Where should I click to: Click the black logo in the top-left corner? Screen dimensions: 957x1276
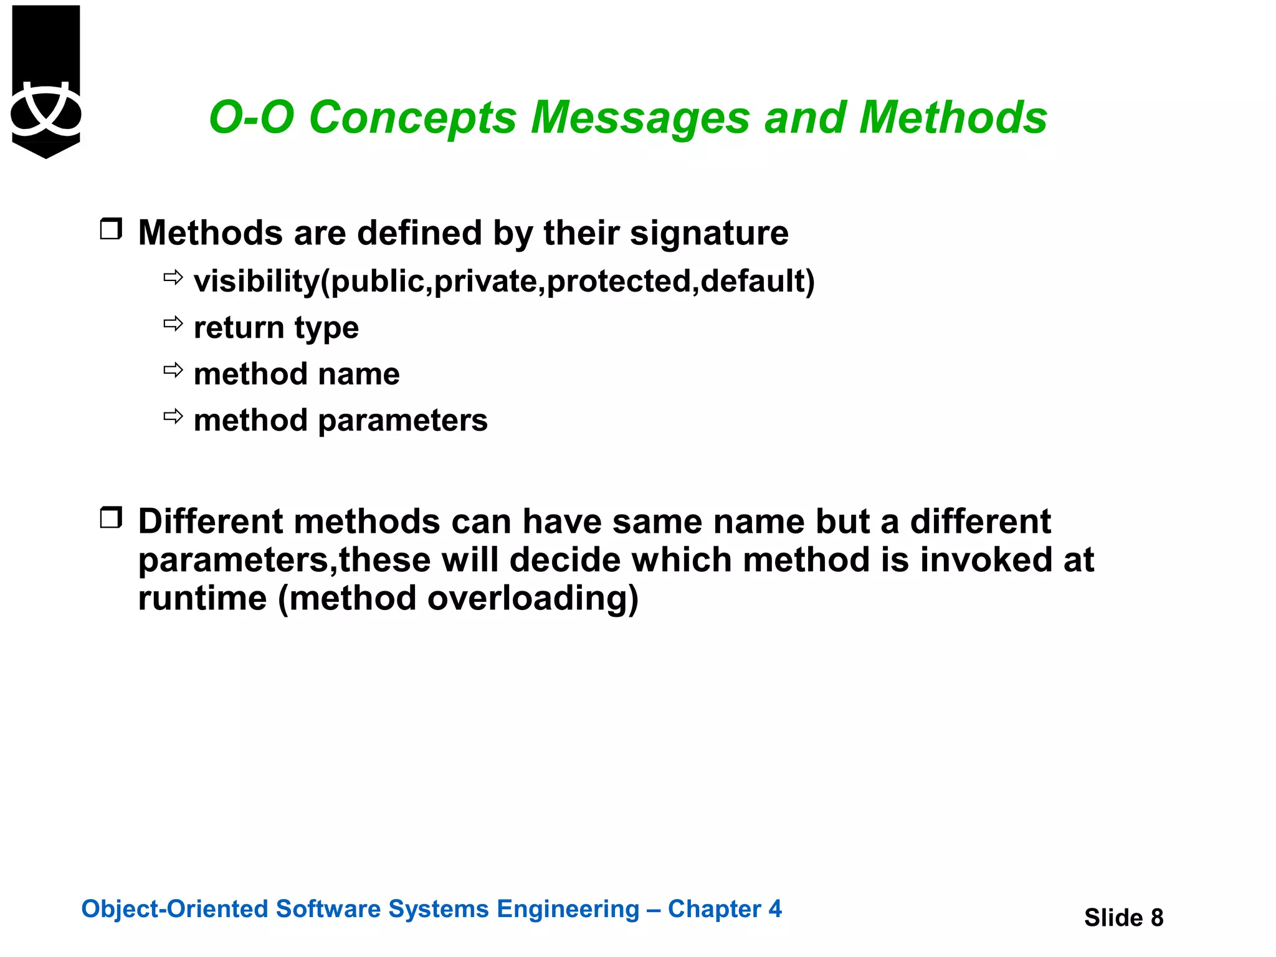point(46,81)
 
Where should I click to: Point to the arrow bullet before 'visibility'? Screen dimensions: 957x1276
point(173,277)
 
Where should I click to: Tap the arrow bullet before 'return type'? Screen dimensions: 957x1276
point(173,323)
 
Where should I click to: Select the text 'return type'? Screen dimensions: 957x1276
point(276,328)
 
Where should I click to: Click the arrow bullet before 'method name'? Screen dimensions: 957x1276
point(173,370)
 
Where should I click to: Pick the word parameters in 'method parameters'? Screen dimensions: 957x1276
point(402,421)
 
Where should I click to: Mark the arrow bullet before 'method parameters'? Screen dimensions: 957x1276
point(173,416)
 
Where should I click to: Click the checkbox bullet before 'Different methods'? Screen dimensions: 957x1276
point(111,518)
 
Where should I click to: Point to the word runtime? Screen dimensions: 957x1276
point(202,598)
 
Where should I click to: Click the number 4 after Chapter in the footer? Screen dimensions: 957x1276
point(774,909)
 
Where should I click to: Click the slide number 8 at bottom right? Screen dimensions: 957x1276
point(1157,918)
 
